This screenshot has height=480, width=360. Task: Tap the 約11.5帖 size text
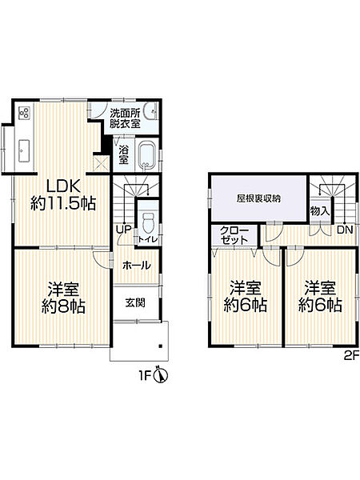pos(63,202)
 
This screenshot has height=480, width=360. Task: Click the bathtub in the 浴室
pos(148,154)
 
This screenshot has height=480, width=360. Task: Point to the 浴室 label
pos(123,154)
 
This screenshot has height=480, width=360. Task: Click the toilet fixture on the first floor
pos(148,219)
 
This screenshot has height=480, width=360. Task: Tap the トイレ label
pos(147,238)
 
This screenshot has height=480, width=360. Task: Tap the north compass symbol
pos(161,374)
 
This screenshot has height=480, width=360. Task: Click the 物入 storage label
pos(317,210)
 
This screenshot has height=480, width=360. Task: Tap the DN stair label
pos(344,230)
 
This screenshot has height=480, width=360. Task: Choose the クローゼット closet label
pos(234,235)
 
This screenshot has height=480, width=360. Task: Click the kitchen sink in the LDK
pos(23,149)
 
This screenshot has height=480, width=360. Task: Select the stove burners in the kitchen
pos(23,114)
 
